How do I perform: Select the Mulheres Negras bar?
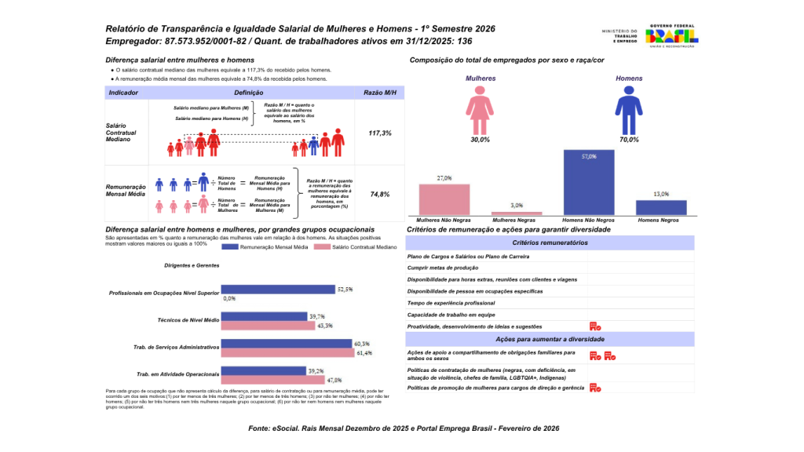tap(517, 213)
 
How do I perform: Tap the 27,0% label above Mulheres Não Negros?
tap(444, 178)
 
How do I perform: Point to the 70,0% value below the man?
tap(628, 139)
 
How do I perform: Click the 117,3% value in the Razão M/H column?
tap(380, 133)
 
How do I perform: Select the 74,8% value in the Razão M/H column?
tap(380, 194)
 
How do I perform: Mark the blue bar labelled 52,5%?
tap(279, 290)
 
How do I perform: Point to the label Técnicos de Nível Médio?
tap(188, 320)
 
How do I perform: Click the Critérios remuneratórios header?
tap(549, 242)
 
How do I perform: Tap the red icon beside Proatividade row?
tap(594, 326)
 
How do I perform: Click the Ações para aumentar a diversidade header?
tap(549, 339)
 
